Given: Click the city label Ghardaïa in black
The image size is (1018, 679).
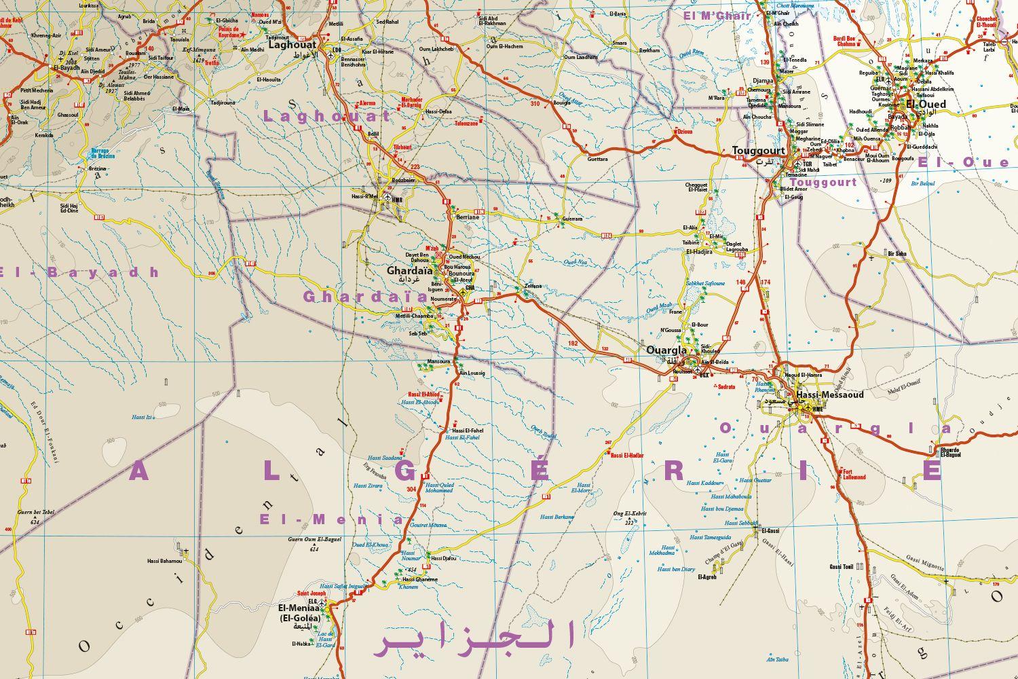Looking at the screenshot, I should tap(409, 270).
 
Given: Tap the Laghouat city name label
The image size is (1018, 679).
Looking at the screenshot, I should tap(293, 45).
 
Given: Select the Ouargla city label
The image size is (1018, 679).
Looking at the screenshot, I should tap(667, 350).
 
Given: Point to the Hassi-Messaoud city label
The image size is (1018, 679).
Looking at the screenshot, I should tap(829, 394).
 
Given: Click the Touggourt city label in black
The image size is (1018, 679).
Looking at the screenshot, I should tap(758, 151).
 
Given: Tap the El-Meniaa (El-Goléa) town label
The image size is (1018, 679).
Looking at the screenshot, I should tap(299, 613).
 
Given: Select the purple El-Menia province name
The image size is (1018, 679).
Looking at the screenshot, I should tap(331, 519).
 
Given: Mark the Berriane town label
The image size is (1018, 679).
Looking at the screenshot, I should tap(468, 217).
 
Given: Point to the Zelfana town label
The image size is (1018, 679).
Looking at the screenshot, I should tap(533, 286).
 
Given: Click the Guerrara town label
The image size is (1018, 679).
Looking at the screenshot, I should tap(572, 219).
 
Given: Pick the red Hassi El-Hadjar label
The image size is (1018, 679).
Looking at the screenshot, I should tap(626, 455).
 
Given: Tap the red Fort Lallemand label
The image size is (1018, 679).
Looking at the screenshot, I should tap(854, 474).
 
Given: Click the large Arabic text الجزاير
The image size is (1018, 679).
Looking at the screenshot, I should tap(474, 638).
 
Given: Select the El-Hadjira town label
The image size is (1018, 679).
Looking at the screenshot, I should tap(699, 251).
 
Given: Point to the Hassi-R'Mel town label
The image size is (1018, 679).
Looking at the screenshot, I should tap(364, 197).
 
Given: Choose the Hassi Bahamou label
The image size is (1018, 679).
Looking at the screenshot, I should tap(165, 561).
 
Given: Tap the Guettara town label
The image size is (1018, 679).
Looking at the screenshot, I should tap(597, 159).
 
